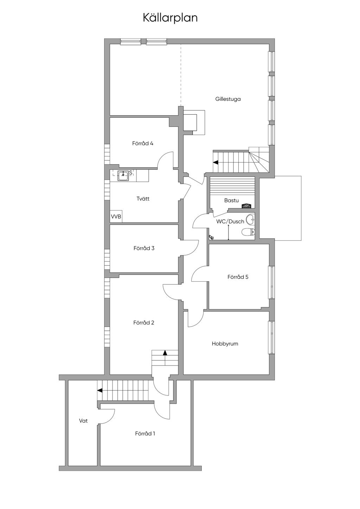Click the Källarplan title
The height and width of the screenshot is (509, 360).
[x=170, y=18]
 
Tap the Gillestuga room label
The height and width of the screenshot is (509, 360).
[x=228, y=99]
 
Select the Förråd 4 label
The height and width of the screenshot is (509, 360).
[x=143, y=143]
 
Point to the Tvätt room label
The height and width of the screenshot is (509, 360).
[x=143, y=199]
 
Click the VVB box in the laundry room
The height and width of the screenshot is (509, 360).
[x=116, y=217]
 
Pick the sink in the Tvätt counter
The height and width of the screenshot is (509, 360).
[x=123, y=175]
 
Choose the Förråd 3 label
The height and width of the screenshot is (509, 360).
[x=144, y=248]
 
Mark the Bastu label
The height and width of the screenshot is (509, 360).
[x=231, y=201]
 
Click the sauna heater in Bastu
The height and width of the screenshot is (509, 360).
[x=247, y=206]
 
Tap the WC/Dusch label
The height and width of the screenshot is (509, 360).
[x=230, y=221]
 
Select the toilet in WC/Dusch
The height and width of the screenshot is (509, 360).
[x=248, y=232]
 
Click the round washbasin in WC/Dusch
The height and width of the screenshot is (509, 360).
[x=251, y=220]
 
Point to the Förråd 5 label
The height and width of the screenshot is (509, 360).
[x=238, y=277]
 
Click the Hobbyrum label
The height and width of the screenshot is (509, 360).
[x=225, y=344]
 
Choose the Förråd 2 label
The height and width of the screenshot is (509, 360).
[x=144, y=323]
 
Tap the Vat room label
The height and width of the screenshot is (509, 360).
[x=83, y=421]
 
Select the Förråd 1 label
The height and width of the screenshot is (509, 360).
[x=145, y=434]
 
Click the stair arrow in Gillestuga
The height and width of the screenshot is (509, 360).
[x=215, y=162]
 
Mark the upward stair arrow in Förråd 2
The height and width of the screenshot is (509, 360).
[x=165, y=353]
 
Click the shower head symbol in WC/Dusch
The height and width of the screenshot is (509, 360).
[x=211, y=237]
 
